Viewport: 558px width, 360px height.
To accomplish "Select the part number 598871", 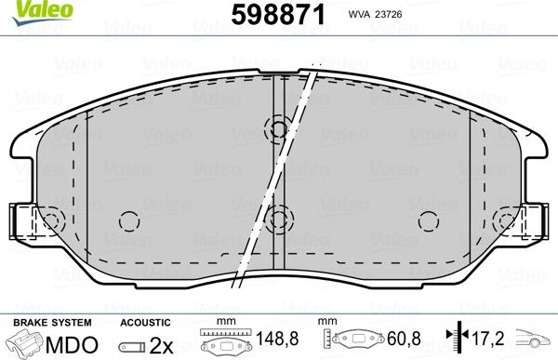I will (269, 13).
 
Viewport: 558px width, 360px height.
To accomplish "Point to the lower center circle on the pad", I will (276, 219).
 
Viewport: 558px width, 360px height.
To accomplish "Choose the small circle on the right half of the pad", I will (428, 220).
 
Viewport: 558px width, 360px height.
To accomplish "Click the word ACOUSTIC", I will (146, 321).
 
